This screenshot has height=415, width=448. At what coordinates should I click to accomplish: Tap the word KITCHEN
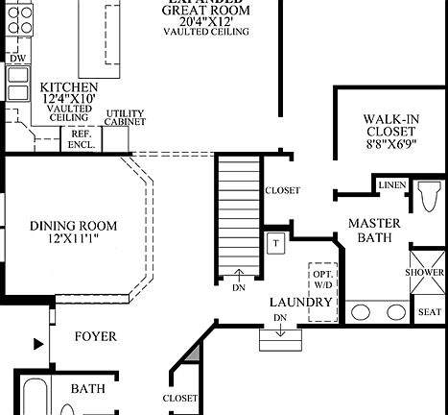(x=68, y=87)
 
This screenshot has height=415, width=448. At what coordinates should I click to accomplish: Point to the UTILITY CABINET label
(x=125, y=118)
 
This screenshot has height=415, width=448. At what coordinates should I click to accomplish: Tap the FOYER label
(x=95, y=337)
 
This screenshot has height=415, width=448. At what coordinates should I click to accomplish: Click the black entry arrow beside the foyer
(x=38, y=343)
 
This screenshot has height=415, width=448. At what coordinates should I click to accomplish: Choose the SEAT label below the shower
(x=429, y=312)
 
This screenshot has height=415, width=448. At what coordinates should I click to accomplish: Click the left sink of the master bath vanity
(x=363, y=311)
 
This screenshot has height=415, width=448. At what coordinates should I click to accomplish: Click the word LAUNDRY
(x=300, y=303)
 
